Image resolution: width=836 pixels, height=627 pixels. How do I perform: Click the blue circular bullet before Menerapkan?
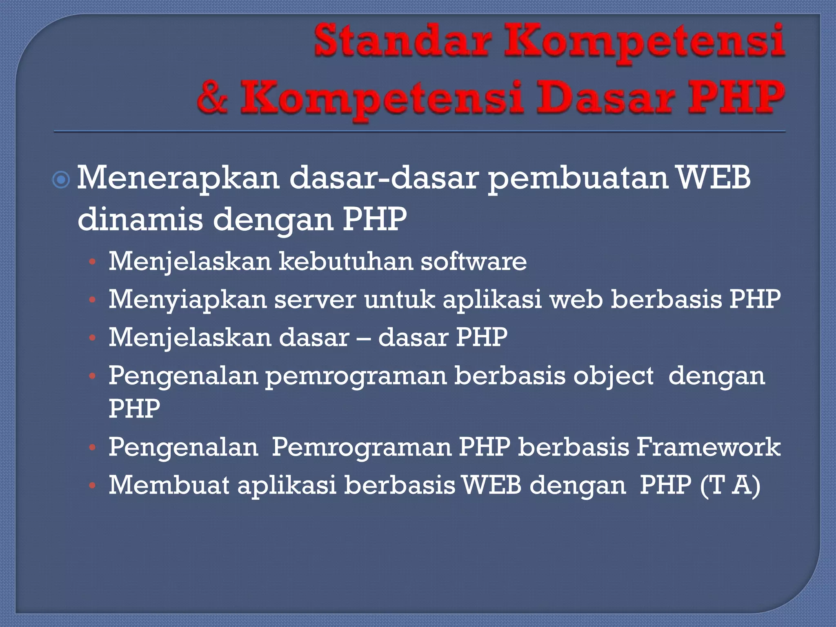pyautogui.click(x=61, y=180)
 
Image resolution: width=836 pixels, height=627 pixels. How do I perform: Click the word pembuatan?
pyautogui.click(x=578, y=178)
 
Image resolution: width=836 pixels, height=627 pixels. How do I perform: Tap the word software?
pyautogui.click(x=474, y=261)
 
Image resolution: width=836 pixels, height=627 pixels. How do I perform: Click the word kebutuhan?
pyautogui.click(x=345, y=261)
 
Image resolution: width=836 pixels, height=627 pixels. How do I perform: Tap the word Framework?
pyautogui.click(x=708, y=447)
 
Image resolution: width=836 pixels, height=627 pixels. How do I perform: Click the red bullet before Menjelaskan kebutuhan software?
pyautogui.click(x=93, y=262)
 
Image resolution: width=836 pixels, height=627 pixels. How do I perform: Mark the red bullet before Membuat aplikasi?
pyautogui.click(x=93, y=486)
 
